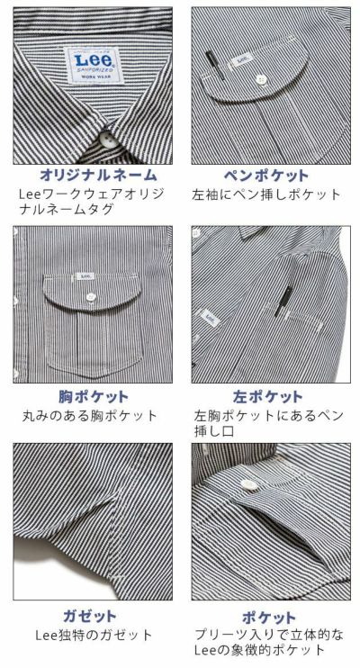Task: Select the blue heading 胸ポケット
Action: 92,396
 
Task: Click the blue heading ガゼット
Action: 92,617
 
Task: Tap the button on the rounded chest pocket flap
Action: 93,297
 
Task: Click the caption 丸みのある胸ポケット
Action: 92,415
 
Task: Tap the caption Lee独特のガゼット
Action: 92,636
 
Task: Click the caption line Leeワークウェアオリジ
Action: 90,194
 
